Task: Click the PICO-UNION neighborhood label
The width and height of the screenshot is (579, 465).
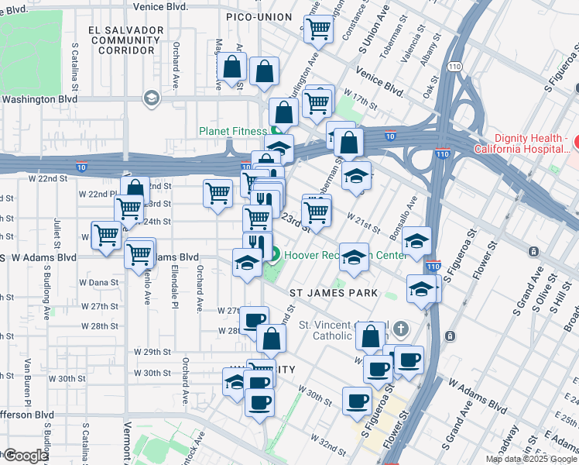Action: [x=258, y=17]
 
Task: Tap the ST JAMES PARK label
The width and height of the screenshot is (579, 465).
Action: [x=334, y=293]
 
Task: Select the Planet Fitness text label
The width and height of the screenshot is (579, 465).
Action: [x=233, y=131]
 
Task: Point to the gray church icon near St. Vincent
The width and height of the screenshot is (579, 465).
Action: [x=400, y=329]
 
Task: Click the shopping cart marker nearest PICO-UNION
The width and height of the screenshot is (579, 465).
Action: [x=318, y=30]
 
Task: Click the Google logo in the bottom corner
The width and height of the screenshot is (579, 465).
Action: [x=26, y=456]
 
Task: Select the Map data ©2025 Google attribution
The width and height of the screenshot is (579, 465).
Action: [x=531, y=459]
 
